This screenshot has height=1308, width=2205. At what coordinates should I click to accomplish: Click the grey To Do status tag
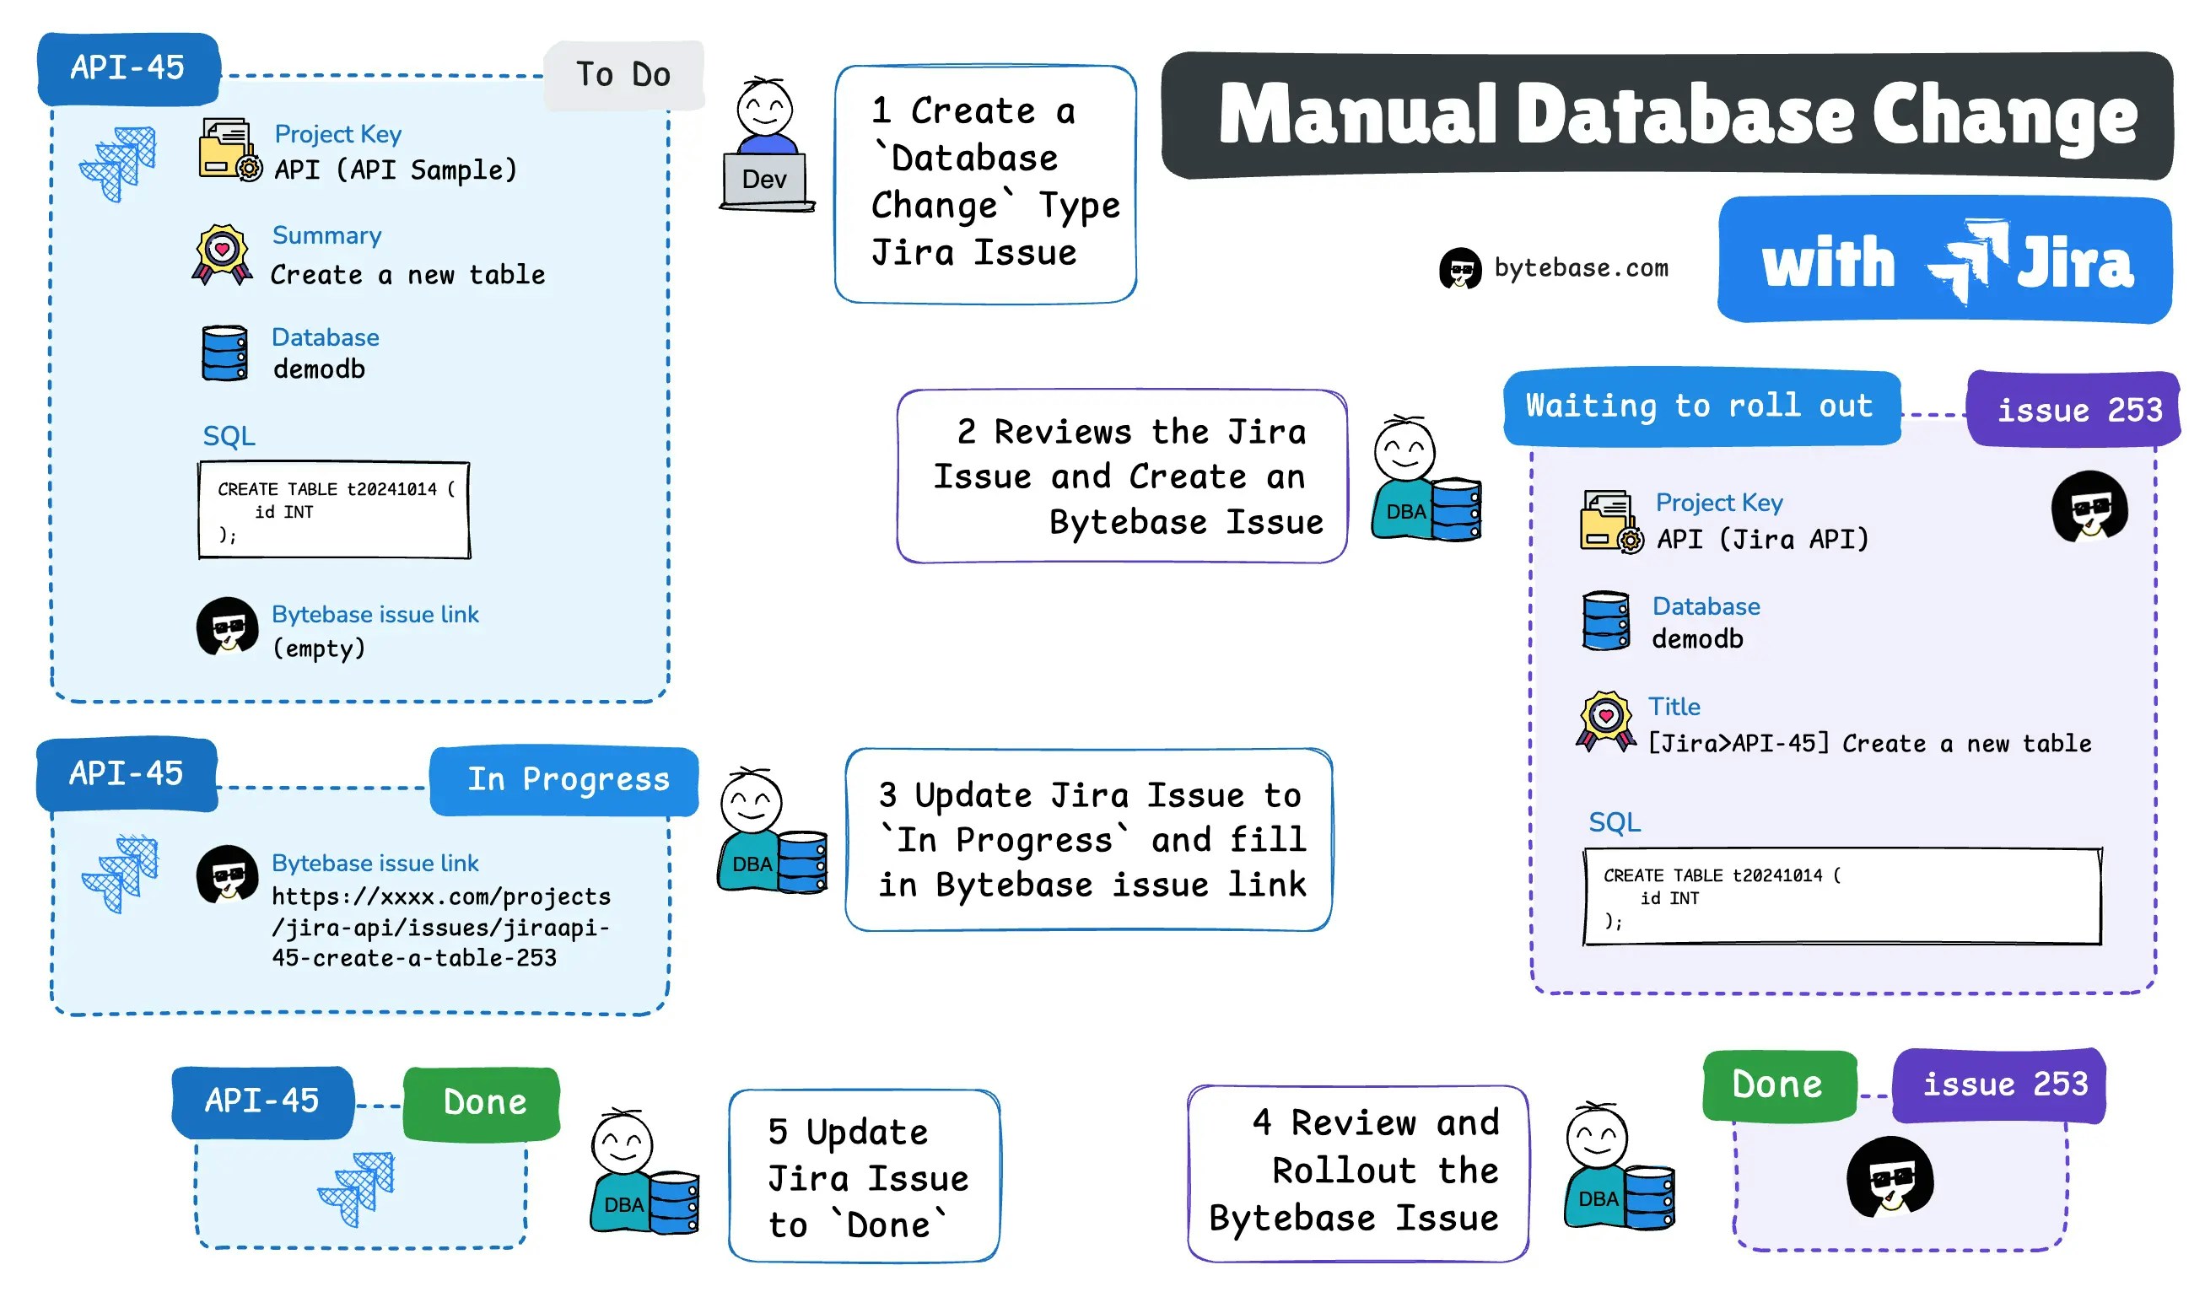pos(623,75)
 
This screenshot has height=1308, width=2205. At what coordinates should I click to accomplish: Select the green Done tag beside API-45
pos(483,1102)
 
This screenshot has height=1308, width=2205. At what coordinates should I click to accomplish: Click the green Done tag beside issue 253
pos(1776,1085)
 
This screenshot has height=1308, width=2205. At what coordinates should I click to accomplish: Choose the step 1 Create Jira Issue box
pos(984,183)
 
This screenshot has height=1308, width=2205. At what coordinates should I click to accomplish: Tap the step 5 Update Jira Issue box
pos(864,1176)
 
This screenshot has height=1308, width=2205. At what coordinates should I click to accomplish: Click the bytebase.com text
pos(1580,268)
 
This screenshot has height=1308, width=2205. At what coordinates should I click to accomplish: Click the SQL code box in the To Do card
pos(334,510)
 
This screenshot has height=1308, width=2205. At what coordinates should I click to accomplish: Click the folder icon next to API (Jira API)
pos(1609,522)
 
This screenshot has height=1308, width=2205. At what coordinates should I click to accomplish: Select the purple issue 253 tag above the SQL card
pos(2076,410)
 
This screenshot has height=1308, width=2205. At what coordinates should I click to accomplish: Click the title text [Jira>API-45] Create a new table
pos(1869,744)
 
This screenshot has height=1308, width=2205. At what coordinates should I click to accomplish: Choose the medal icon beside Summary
pos(222,255)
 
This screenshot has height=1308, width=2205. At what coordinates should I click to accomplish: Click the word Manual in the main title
pos(1358,116)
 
